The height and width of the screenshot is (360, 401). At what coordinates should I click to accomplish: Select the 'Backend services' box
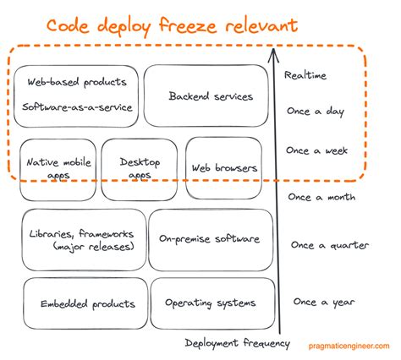pyautogui.click(x=210, y=96)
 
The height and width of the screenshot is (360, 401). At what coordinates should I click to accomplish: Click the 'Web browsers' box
pyautogui.click(x=223, y=167)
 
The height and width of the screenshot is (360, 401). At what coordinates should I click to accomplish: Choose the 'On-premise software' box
pyautogui.click(x=211, y=239)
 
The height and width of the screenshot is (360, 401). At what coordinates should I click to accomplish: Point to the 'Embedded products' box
pyautogui.click(x=81, y=303)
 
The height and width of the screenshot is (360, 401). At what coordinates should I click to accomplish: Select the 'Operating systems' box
pyautogui.click(x=210, y=303)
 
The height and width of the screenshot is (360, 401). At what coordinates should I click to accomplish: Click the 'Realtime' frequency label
pyautogui.click(x=305, y=75)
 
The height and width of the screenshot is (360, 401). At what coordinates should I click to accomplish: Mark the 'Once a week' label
pyautogui.click(x=316, y=150)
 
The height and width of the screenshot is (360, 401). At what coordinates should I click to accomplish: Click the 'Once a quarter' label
pyautogui.click(x=330, y=245)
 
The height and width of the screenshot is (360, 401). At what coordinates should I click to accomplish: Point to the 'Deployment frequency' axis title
pyautogui.click(x=238, y=343)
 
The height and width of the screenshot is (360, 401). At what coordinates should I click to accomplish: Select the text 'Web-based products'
pyautogui.click(x=76, y=82)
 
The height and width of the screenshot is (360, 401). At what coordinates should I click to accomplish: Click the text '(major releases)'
pyautogui.click(x=83, y=247)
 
